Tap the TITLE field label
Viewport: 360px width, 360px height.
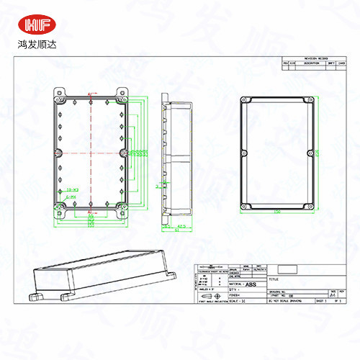(x=272, y=277)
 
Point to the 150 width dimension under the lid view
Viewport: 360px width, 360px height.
(x=276, y=211)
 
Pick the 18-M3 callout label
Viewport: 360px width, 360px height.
(x=71, y=189)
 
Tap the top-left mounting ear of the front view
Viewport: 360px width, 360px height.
(x=59, y=93)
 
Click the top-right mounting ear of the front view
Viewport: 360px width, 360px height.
(x=122, y=93)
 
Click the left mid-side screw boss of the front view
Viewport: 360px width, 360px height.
(x=58, y=152)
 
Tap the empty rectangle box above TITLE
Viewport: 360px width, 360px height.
(x=287, y=269)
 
